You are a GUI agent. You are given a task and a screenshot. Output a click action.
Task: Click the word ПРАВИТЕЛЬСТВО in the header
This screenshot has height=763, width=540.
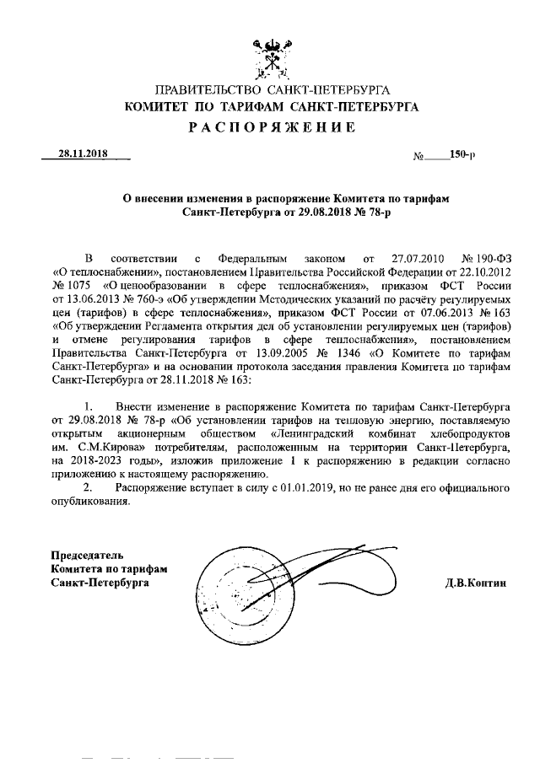[210, 90]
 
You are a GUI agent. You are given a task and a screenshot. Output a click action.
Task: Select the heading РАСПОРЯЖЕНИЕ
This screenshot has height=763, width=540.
[271, 127]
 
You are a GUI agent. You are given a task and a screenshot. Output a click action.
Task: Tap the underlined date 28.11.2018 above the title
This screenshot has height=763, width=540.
[84, 155]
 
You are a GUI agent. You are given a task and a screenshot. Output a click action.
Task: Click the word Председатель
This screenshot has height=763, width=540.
[87, 555]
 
